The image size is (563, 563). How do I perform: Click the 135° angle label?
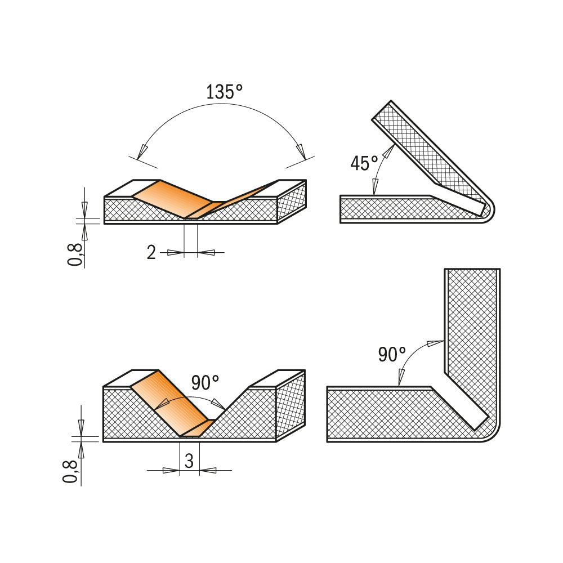(x=224, y=92)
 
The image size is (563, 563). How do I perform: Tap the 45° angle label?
(x=364, y=163)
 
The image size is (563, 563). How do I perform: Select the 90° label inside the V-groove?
(x=205, y=383)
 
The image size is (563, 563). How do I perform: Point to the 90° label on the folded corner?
(x=392, y=355)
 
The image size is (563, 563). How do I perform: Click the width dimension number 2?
(x=151, y=253)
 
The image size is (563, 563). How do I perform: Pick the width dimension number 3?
(x=189, y=462)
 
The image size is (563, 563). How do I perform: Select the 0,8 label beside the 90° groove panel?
(x=70, y=472)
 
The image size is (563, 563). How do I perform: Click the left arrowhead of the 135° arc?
(x=142, y=151)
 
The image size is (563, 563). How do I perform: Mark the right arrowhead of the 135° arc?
(x=301, y=151)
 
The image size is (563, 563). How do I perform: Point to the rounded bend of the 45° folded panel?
(x=488, y=212)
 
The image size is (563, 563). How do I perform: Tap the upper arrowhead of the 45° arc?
(x=390, y=149)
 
